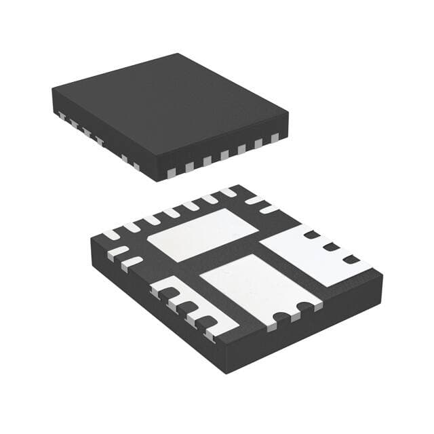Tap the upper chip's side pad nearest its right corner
[275, 138]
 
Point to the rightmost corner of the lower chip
[383, 275]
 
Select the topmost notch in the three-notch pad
[313, 235]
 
